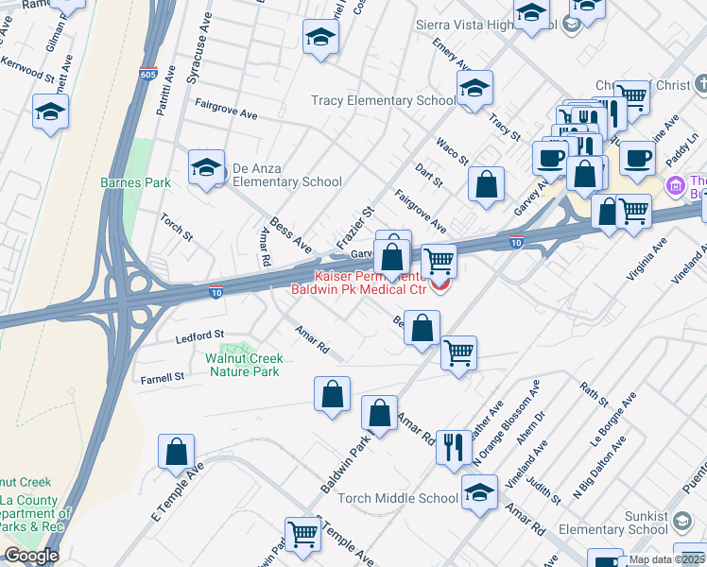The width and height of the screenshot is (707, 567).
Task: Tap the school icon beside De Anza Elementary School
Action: click(x=206, y=168)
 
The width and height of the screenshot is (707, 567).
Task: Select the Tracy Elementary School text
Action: click(x=384, y=101)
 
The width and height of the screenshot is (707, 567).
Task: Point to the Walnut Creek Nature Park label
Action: click(x=243, y=365)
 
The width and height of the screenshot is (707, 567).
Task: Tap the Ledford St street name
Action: click(x=198, y=335)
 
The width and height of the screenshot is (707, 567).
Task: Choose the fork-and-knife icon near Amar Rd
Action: click(x=454, y=445)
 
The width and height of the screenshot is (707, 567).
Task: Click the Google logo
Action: click(x=30, y=556)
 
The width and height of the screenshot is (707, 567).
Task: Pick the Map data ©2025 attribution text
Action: click(x=666, y=559)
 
